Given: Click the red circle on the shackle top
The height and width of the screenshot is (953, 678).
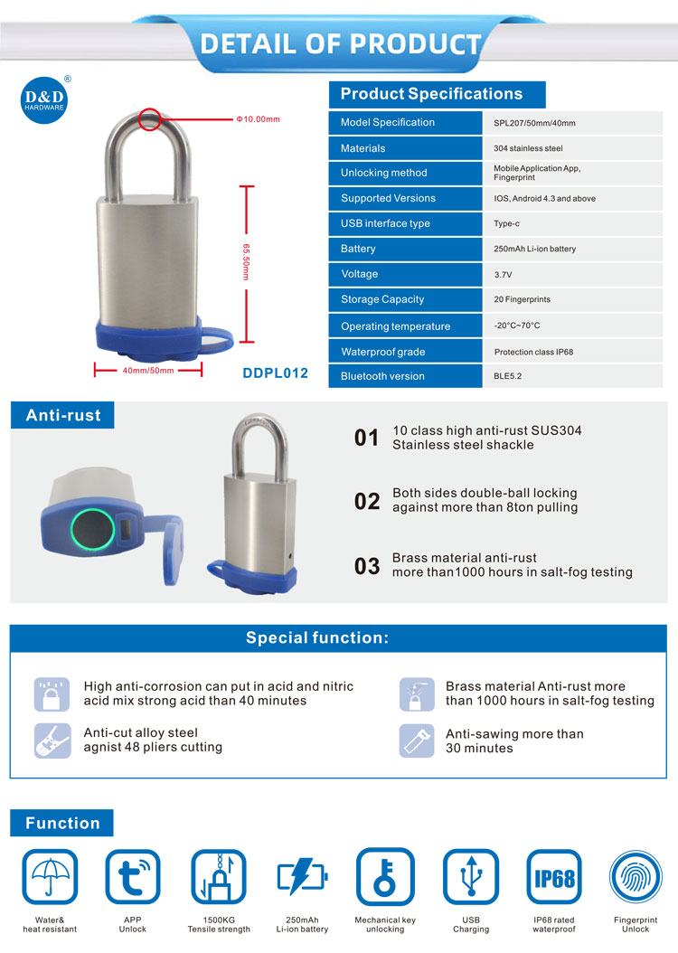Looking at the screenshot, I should [150, 118].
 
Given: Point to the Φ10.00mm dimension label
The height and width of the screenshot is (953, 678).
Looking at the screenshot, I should [258, 118].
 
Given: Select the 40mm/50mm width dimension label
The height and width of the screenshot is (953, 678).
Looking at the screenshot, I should [148, 369].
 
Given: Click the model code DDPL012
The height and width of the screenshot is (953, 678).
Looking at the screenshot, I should [276, 373].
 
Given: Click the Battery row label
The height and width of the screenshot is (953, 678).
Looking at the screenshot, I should [358, 249].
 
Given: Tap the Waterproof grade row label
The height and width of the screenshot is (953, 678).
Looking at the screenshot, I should [382, 352].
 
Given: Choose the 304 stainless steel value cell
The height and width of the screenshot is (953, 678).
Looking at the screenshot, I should [528, 148].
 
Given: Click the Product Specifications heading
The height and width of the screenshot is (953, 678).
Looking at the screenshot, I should [431, 94].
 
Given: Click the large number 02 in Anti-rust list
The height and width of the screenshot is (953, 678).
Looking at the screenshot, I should [367, 501].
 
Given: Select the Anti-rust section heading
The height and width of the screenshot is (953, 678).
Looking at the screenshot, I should [63, 416].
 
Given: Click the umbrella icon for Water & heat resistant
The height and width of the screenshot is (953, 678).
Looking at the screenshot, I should [50, 876].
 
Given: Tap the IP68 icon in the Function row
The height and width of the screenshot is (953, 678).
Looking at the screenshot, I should [554, 876].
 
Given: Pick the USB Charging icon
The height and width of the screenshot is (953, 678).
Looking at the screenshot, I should [470, 876].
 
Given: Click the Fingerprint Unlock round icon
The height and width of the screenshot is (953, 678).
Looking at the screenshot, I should [636, 876].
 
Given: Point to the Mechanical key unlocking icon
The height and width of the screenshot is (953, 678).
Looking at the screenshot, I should [385, 876].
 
